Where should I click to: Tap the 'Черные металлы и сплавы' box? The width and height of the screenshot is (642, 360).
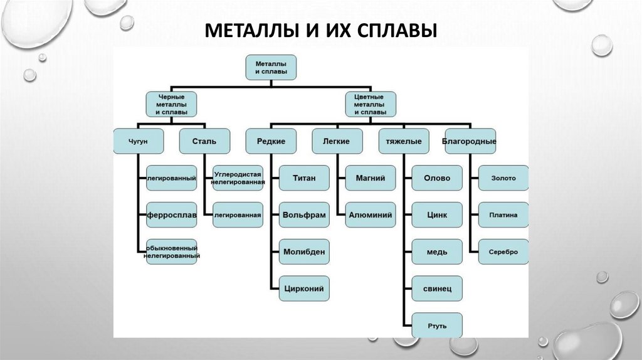(x=171, y=104)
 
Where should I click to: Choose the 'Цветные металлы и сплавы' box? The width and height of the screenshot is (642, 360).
(x=371, y=104)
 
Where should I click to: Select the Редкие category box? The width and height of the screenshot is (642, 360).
(x=271, y=142)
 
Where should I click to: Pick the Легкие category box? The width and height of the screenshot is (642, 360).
(x=337, y=142)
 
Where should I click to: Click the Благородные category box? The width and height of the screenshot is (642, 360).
(x=470, y=142)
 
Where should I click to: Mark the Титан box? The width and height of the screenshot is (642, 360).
(x=304, y=178)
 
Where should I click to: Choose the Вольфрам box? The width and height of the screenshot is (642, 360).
(x=304, y=214)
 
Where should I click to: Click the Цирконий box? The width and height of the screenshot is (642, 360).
(x=304, y=289)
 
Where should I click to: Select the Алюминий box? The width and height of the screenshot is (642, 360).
(x=371, y=214)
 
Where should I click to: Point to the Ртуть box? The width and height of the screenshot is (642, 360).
(x=437, y=326)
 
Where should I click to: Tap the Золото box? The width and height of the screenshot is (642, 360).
(x=503, y=178)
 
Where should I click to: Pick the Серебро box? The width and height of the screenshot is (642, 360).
(x=503, y=251)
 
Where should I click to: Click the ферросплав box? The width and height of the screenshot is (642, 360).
(x=172, y=214)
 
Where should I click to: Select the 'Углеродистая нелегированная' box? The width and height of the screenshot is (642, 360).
(x=238, y=178)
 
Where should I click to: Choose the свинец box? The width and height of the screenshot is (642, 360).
(x=437, y=289)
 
